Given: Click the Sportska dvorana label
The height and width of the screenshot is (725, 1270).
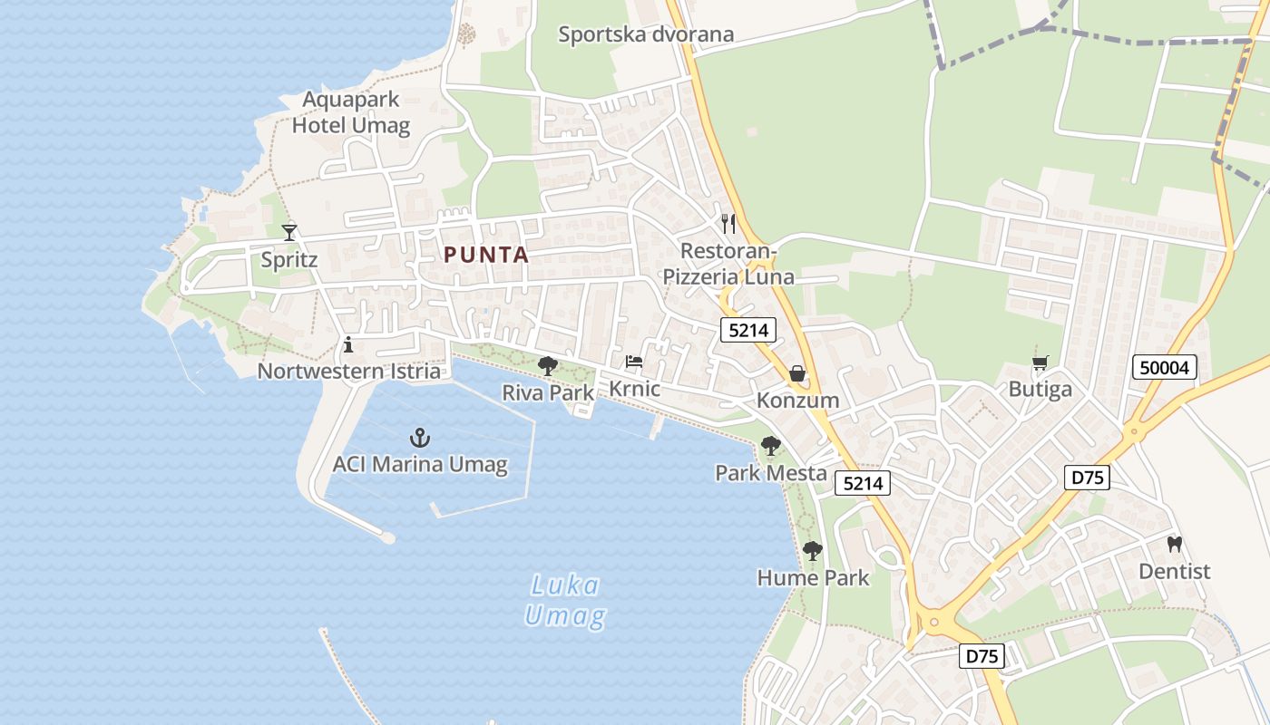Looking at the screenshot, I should coord(646,34).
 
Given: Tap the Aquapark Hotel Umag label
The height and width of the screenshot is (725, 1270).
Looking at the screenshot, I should coord(351,112).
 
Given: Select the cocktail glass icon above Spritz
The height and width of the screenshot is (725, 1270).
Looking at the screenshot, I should coord(289,233).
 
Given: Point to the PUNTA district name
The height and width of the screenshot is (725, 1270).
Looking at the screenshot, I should coord(486,255).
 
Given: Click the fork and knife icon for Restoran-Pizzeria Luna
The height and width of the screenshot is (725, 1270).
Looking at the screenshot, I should coord(728,224).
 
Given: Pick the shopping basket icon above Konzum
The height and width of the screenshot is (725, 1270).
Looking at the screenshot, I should coord(797,373).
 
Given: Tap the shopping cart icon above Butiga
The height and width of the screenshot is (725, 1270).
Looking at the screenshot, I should coord(1040,362).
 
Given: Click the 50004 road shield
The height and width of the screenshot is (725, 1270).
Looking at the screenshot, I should coord(1165,367).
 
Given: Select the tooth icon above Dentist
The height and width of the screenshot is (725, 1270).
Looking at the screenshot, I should coord(1174,545).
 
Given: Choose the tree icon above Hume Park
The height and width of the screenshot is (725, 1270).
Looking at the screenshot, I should coord(813,550).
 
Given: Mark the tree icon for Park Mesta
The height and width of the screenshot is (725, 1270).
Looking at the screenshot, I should coord(771,446).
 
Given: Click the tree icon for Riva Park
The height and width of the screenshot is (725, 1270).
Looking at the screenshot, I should coord(548,366).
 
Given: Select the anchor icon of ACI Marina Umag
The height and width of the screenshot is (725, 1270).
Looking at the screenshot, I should coord(419,439).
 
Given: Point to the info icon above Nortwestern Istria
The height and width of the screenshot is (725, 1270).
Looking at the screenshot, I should coord(348,344).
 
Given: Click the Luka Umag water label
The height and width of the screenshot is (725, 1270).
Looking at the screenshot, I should coord(565,600).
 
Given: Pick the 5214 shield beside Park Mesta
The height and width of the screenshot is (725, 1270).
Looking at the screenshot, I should coord(862,484).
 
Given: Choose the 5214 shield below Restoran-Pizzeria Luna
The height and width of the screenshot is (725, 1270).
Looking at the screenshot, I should coord(748,330).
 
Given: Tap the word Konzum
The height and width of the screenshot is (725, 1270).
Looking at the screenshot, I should coord(797,401).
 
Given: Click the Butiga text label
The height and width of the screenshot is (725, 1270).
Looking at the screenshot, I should coord(1040,390).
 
